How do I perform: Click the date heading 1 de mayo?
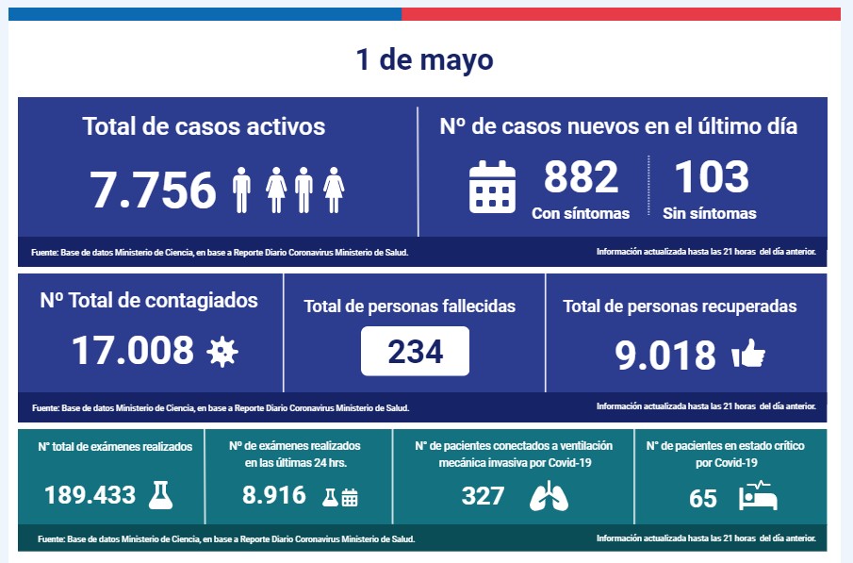(x=424, y=60)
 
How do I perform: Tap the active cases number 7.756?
(x=154, y=190)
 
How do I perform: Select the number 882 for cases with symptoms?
(x=581, y=177)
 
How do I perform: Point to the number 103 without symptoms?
(x=712, y=177)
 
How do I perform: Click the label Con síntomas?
(x=581, y=213)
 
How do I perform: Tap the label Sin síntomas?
(x=710, y=213)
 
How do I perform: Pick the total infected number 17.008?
(x=133, y=350)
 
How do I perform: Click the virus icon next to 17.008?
(x=222, y=352)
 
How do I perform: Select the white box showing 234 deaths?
(x=415, y=351)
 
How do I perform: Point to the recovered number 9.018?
(x=665, y=356)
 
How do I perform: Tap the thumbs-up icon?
(x=748, y=355)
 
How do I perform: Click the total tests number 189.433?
(x=90, y=494)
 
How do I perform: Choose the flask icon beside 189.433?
(x=161, y=494)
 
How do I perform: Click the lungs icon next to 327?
(x=549, y=496)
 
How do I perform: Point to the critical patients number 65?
(x=703, y=498)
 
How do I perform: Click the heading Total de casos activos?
(x=204, y=126)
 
